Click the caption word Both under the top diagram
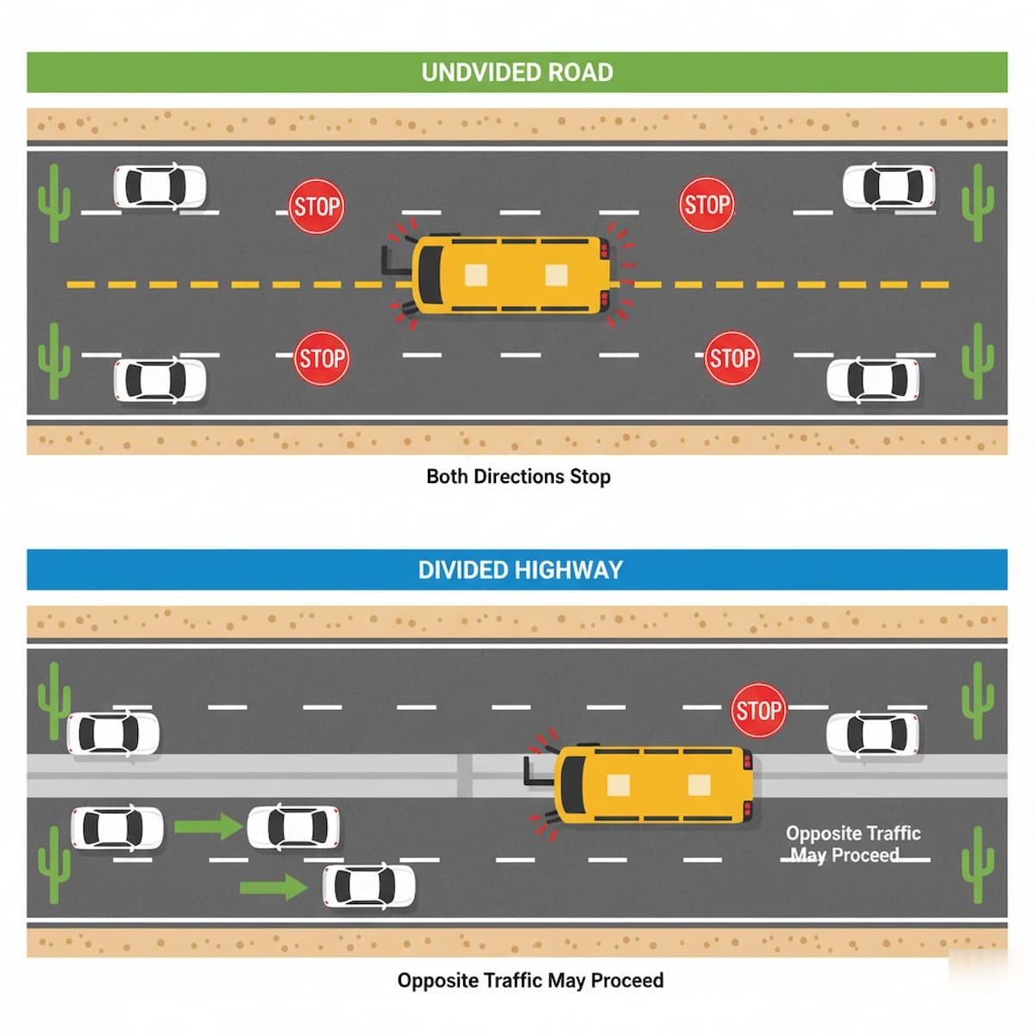448,477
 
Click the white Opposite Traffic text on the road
852,834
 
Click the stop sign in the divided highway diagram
758,711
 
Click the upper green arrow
208,826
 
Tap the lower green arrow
273,887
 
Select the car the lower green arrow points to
368,887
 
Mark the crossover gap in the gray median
465,775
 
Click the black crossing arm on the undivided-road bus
393,260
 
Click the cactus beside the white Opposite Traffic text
977,863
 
